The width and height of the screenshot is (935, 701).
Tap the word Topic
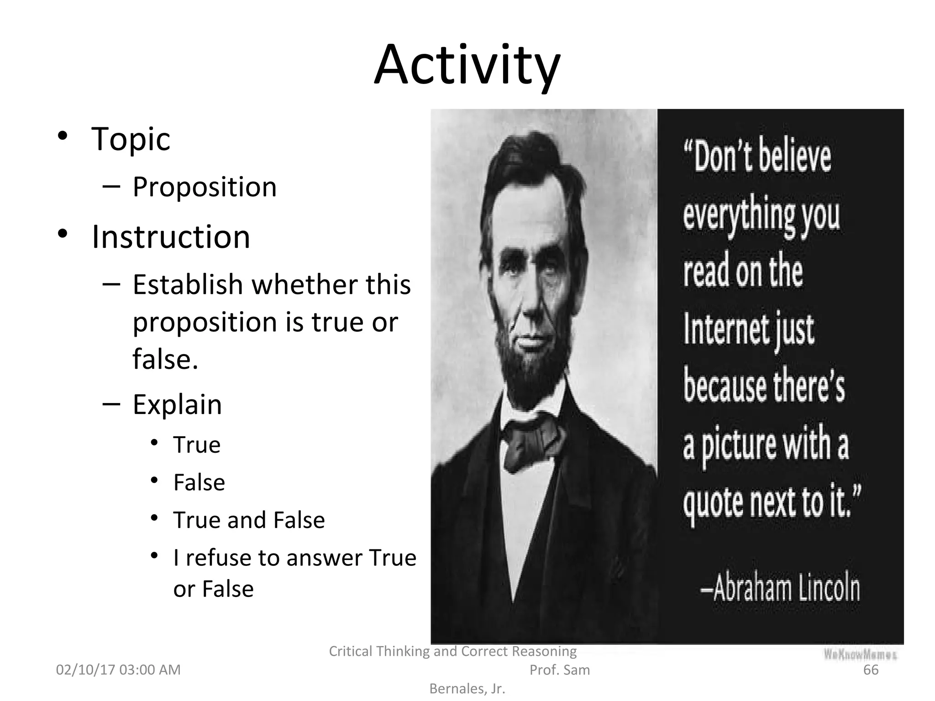click(x=131, y=139)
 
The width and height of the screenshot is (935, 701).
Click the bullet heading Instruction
click(x=171, y=237)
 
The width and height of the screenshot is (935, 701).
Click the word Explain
click(x=177, y=404)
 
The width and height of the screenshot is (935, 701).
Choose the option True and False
click(x=249, y=520)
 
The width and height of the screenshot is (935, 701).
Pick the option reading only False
click(x=199, y=482)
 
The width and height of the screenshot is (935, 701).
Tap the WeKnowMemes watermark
click(x=860, y=654)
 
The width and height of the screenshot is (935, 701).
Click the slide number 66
click(x=871, y=670)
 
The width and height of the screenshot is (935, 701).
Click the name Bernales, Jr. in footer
click(x=467, y=689)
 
